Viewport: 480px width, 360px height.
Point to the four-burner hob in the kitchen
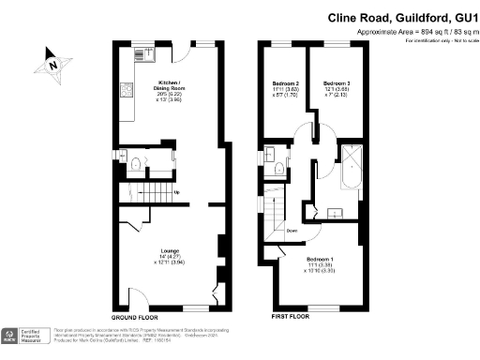pos(127,90)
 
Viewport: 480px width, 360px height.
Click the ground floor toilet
pos(136,166)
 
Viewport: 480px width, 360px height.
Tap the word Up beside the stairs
pos(176,193)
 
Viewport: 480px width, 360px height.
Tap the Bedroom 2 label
pos(286,88)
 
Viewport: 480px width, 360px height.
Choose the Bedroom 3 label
pos(336,88)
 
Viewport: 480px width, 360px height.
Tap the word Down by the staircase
pos(291,231)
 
